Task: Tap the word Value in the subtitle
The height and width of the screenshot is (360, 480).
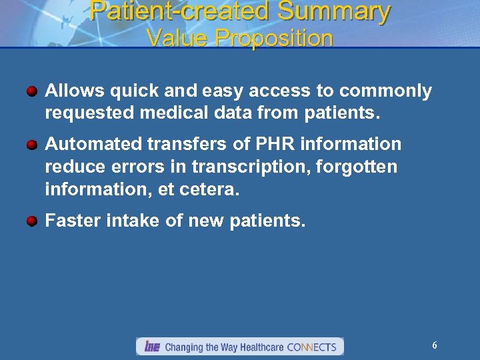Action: pyautogui.click(x=174, y=39)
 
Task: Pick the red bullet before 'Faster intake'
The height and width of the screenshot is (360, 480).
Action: pyautogui.click(x=32, y=221)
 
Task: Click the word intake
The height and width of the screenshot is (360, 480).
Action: pyautogui.click(x=132, y=221)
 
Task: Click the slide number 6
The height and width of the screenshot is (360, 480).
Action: pyautogui.click(x=435, y=345)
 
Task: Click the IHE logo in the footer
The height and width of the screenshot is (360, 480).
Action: pyautogui.click(x=151, y=347)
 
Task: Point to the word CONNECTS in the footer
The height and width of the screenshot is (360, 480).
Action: pyautogui.click(x=311, y=347)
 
